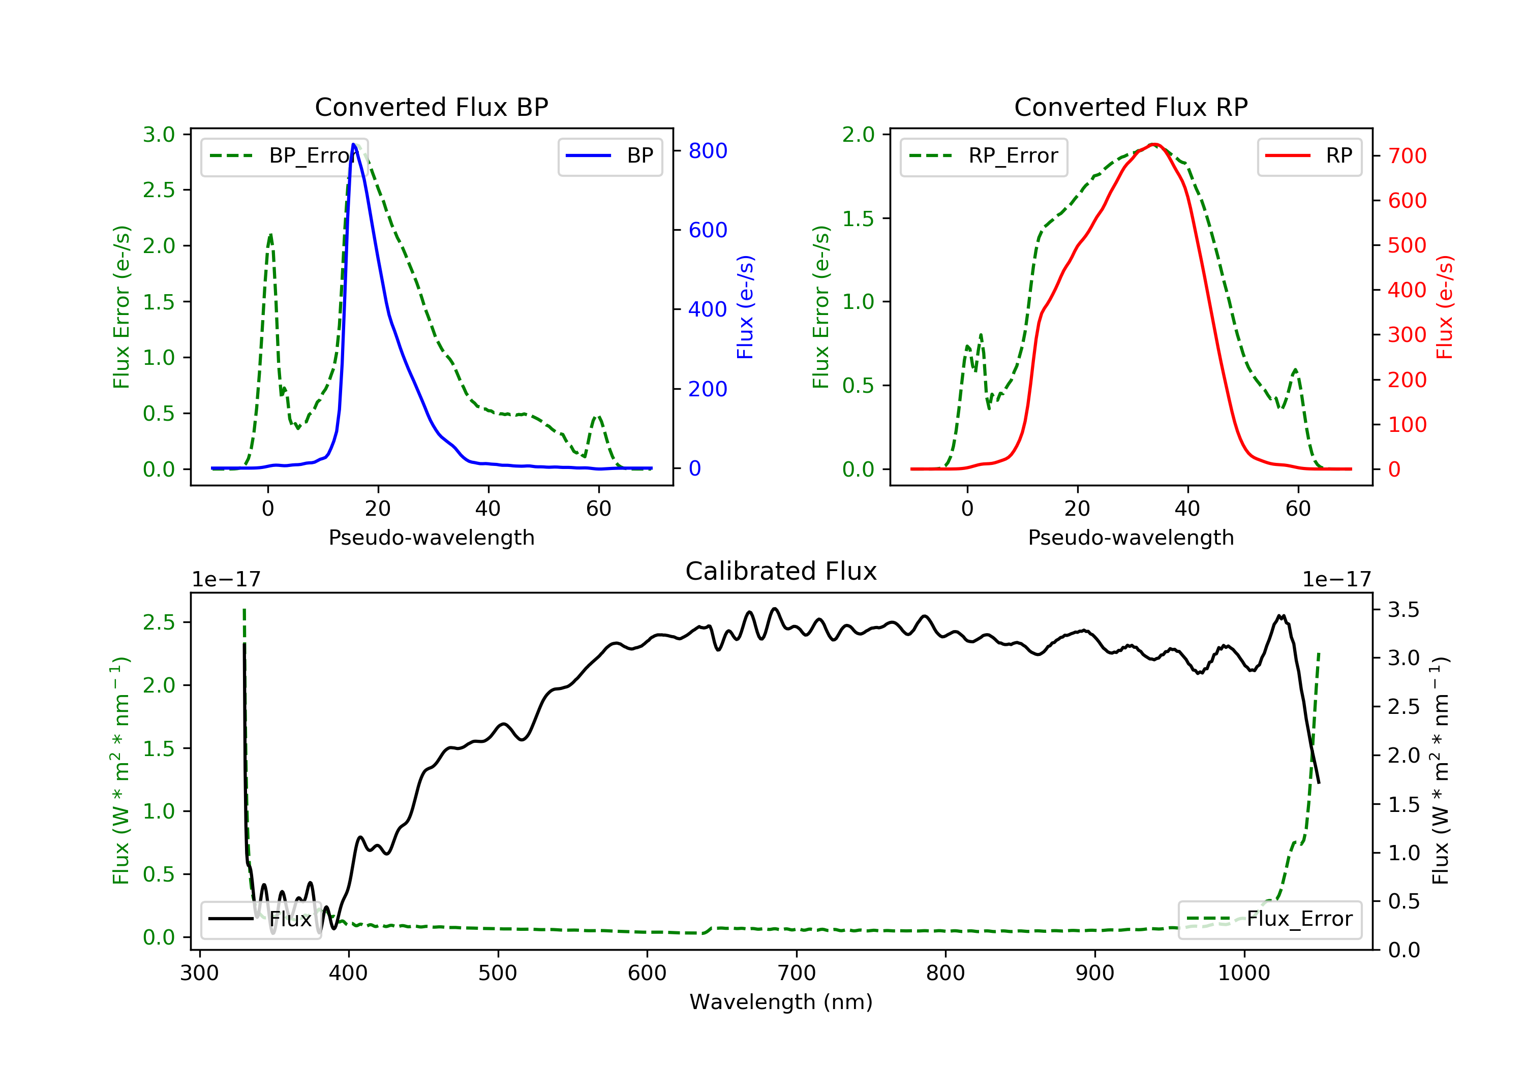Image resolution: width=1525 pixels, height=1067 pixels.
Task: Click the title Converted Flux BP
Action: (x=431, y=107)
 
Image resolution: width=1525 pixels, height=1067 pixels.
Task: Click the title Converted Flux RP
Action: (x=1131, y=107)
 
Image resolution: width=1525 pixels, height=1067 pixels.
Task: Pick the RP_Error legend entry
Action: (x=984, y=156)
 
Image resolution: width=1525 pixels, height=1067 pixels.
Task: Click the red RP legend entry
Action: (x=1309, y=156)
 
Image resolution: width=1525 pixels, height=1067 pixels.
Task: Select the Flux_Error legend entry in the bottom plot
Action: (x=1270, y=919)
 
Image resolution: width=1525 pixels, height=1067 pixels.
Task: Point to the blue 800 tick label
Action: (x=708, y=151)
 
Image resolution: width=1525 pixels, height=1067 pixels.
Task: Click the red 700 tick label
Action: (x=1407, y=156)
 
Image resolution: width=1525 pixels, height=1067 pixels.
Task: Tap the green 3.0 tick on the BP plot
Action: (x=159, y=135)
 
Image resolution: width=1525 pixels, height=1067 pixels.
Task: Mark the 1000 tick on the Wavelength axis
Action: (x=1243, y=974)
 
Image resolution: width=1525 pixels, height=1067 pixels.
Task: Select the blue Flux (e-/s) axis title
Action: (x=745, y=307)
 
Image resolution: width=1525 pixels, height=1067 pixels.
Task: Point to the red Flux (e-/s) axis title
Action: (x=1445, y=307)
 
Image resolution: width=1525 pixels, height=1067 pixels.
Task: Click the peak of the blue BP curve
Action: (x=354, y=144)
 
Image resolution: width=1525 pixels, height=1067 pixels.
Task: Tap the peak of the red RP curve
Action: (x=1154, y=144)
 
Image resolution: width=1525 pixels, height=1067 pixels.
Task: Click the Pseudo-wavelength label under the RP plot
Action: (x=1131, y=537)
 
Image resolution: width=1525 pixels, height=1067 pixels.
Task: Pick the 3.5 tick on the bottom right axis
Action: (x=1403, y=610)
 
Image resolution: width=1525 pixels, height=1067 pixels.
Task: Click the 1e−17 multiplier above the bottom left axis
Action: (x=226, y=580)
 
